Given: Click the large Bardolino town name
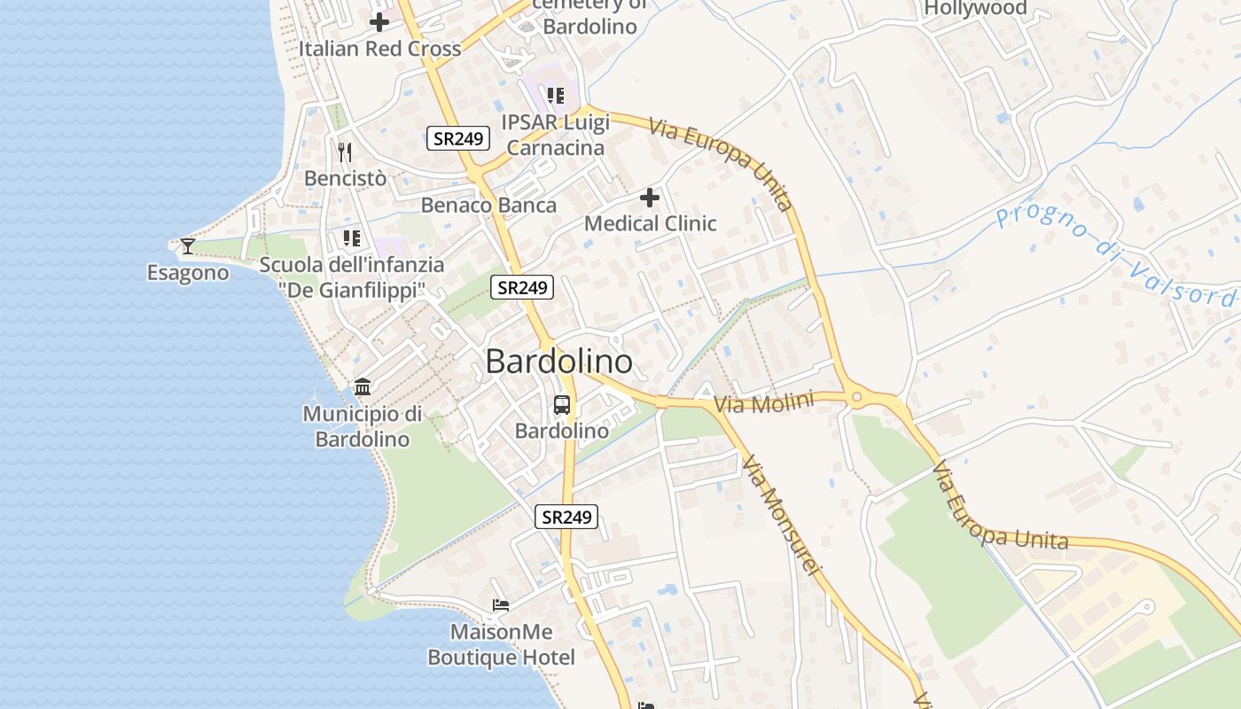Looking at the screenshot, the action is (x=559, y=362).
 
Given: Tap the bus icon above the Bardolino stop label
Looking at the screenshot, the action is (x=562, y=405).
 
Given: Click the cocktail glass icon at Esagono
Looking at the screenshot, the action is (x=187, y=245).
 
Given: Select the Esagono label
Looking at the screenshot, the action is (x=188, y=273).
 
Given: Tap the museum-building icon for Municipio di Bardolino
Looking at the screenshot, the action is (x=363, y=387).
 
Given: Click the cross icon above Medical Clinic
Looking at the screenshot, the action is (x=650, y=198).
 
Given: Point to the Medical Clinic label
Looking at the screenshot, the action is (x=650, y=223).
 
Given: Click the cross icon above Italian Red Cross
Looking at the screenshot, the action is (x=379, y=22).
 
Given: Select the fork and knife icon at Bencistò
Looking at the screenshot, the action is (x=345, y=152).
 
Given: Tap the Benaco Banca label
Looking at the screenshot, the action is (x=488, y=206).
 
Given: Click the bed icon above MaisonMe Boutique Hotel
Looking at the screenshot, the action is (x=501, y=605).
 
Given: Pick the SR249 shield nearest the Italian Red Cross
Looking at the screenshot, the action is (x=458, y=138).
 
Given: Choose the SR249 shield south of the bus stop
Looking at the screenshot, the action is (x=566, y=517).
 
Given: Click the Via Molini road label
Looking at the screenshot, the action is (x=763, y=404).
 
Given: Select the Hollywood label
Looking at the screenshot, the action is (x=975, y=9).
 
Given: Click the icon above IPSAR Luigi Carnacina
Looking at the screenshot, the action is (x=555, y=95).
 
